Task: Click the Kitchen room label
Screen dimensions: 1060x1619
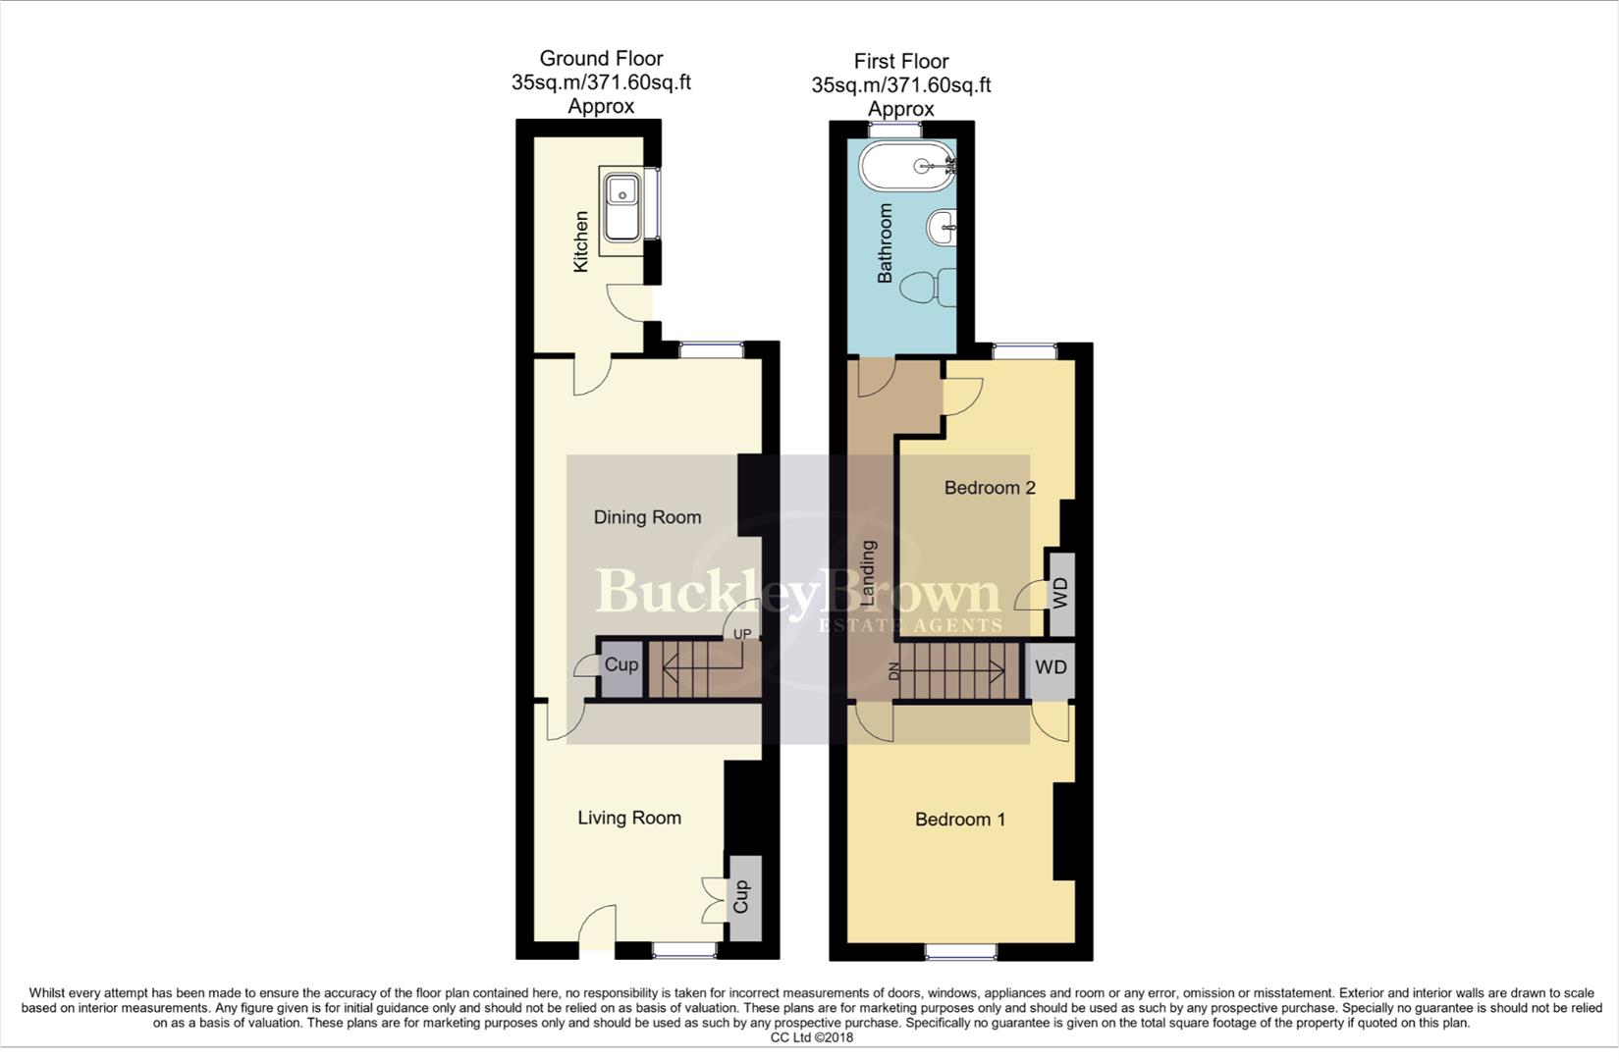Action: (x=580, y=241)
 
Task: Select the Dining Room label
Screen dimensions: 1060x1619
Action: (x=647, y=517)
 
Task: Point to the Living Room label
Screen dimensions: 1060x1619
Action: (x=628, y=818)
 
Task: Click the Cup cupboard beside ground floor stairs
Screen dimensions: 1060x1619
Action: (x=621, y=665)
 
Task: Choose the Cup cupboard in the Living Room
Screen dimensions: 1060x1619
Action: (x=743, y=897)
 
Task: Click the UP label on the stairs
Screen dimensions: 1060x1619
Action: (x=741, y=634)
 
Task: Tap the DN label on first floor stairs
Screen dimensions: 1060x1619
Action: (x=893, y=671)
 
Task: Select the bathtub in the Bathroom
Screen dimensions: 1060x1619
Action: (x=907, y=166)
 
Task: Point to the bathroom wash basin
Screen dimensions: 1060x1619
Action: (x=942, y=229)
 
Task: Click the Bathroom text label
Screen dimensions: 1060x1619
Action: (x=885, y=243)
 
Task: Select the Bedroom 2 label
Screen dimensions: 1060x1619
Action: (x=989, y=488)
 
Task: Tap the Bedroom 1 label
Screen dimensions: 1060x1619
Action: (x=959, y=820)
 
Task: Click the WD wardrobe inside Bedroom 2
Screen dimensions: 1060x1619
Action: (x=1059, y=594)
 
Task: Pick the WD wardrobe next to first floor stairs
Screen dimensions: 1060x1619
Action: (x=1050, y=668)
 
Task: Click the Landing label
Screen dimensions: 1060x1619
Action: (x=868, y=573)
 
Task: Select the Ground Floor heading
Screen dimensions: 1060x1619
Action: (x=601, y=59)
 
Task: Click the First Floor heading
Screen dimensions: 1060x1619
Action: (x=900, y=61)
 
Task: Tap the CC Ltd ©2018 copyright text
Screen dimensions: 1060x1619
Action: (x=811, y=1037)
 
